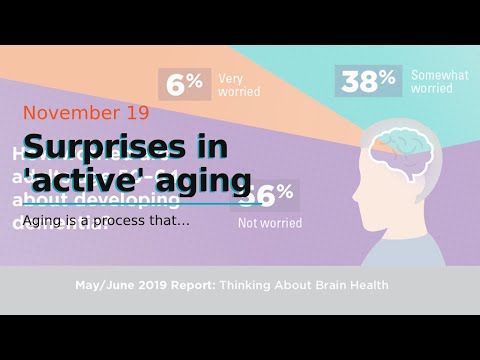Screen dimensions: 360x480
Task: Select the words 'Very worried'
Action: coord(240,84)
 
